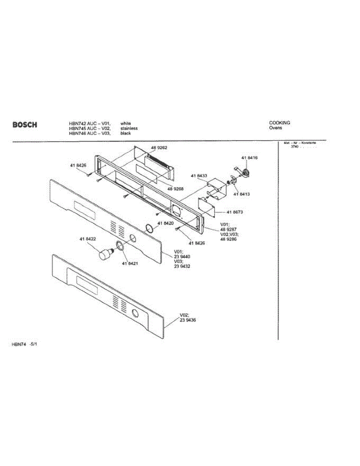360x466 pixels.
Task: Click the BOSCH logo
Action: point(25,125)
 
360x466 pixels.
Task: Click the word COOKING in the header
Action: point(279,123)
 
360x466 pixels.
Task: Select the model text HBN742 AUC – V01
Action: point(90,123)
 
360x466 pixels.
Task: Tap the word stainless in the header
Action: point(129,128)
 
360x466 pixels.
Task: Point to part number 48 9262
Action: point(159,148)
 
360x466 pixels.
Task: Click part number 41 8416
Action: point(249,158)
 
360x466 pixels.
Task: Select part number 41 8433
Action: point(199,176)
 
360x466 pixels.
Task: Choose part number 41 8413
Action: point(242,194)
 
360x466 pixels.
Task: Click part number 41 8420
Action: point(165,223)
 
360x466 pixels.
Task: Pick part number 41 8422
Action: point(88,239)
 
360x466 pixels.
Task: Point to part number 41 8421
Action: point(130,264)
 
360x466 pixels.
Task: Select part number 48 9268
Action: point(176,189)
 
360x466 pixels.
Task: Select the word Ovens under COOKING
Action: point(275,128)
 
